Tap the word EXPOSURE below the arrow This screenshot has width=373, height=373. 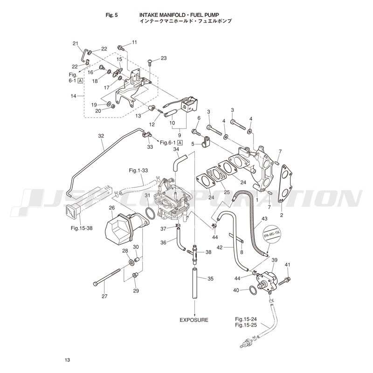point(194,320)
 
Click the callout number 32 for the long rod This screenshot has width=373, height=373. point(101,136)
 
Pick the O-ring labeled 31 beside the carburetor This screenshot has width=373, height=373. point(150,213)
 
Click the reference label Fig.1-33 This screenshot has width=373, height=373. point(138,171)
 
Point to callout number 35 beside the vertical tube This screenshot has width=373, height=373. point(210,279)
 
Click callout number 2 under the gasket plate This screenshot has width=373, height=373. point(281,216)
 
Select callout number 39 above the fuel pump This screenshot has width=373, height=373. point(275,260)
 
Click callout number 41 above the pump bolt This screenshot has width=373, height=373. point(287,265)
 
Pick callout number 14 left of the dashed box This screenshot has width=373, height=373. point(73,96)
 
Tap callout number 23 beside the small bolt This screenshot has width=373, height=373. point(163,58)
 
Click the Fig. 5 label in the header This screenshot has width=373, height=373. point(112,15)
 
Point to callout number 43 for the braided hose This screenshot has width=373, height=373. point(264,219)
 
